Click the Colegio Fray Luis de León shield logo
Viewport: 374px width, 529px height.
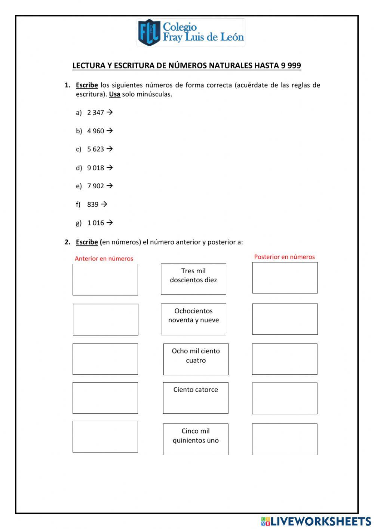coord(149,33)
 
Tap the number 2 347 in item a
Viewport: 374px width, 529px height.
coord(95,113)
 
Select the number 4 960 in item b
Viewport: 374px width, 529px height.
coord(95,131)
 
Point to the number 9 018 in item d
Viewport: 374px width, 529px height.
coord(95,168)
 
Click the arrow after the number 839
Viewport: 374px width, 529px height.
coord(104,204)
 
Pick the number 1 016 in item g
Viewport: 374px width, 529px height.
coord(95,223)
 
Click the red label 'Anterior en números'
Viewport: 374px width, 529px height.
coord(104,258)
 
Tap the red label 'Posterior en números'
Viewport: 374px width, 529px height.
coord(284,257)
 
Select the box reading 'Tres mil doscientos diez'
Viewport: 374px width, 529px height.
coord(193,279)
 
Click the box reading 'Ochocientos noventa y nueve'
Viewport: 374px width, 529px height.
coord(193,319)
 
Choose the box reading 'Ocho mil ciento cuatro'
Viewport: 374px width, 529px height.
coord(196,359)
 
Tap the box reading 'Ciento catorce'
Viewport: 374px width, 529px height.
coord(196,398)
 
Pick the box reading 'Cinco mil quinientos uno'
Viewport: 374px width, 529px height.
coord(196,439)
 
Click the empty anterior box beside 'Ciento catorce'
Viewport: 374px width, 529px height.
coord(105,398)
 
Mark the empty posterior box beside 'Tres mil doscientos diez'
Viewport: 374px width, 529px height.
coord(285,277)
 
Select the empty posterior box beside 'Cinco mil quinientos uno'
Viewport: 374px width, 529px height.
coord(284,439)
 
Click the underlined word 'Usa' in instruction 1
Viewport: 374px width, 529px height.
coord(114,94)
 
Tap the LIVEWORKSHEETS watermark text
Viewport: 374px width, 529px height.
coord(321,522)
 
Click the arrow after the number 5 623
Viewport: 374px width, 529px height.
coord(110,149)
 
